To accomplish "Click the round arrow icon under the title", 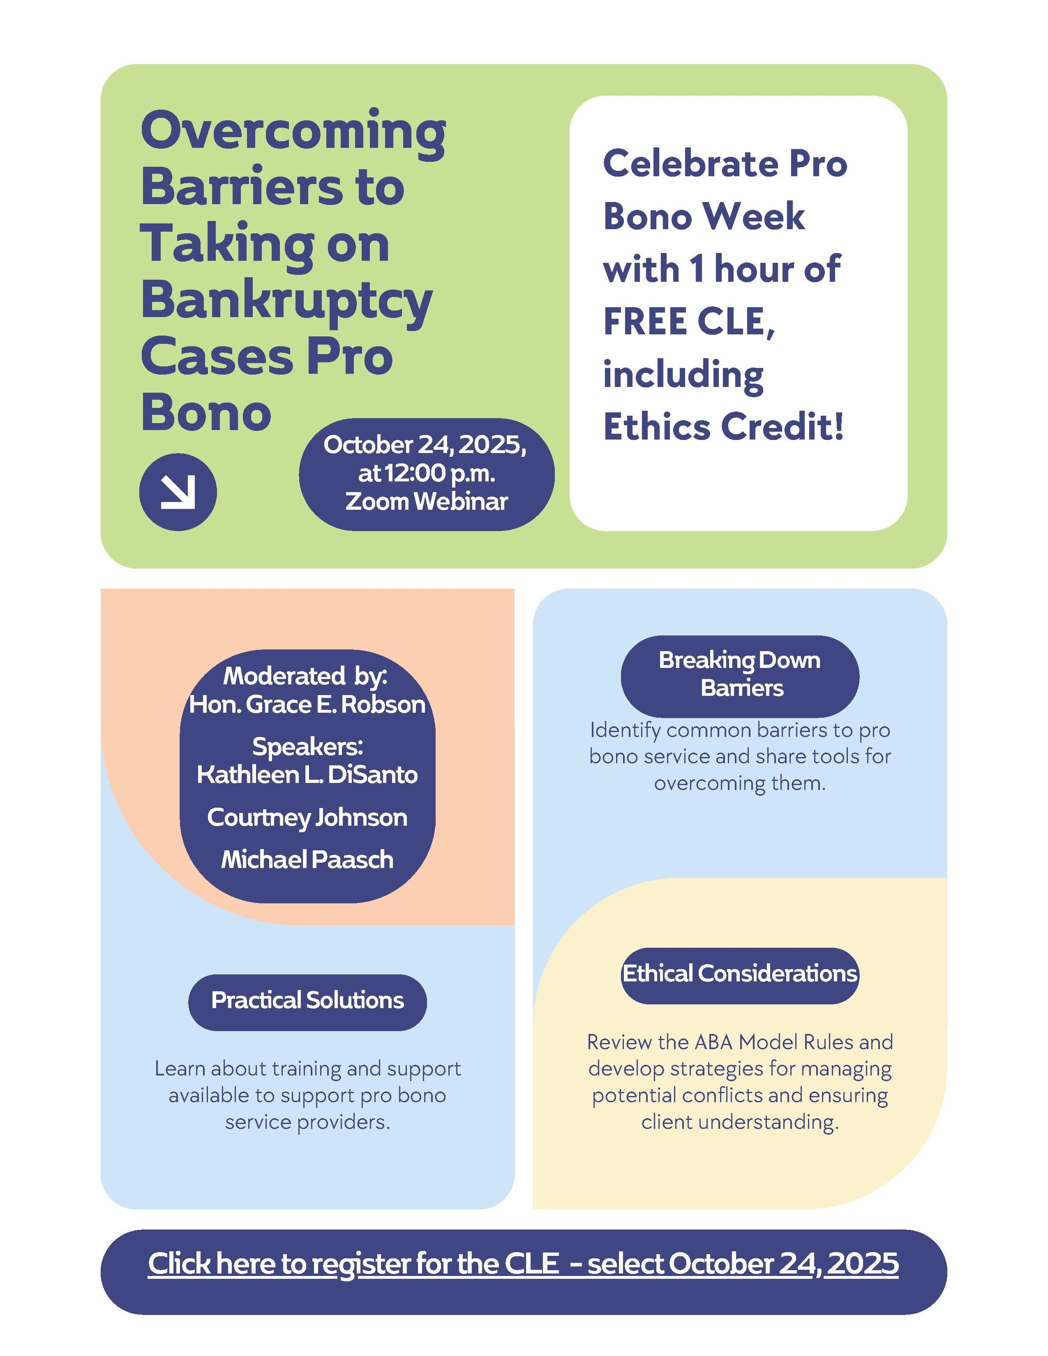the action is tap(178, 492).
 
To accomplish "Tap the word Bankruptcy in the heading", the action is tap(286, 301).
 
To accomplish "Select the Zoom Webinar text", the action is tap(427, 502).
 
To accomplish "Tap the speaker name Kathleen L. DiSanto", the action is tap(307, 775).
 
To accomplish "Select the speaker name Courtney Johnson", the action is tap(307, 818).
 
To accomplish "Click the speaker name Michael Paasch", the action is tap(307, 860).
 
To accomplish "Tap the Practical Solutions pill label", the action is tap(307, 1000).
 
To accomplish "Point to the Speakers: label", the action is tap(307, 746).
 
